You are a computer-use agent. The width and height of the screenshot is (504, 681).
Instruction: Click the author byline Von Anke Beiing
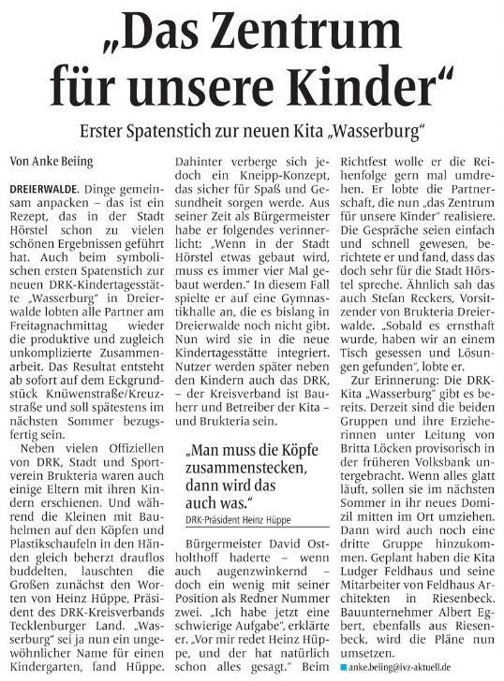(x=52, y=161)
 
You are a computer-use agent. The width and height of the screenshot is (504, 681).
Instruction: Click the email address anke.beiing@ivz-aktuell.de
(x=410, y=666)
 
